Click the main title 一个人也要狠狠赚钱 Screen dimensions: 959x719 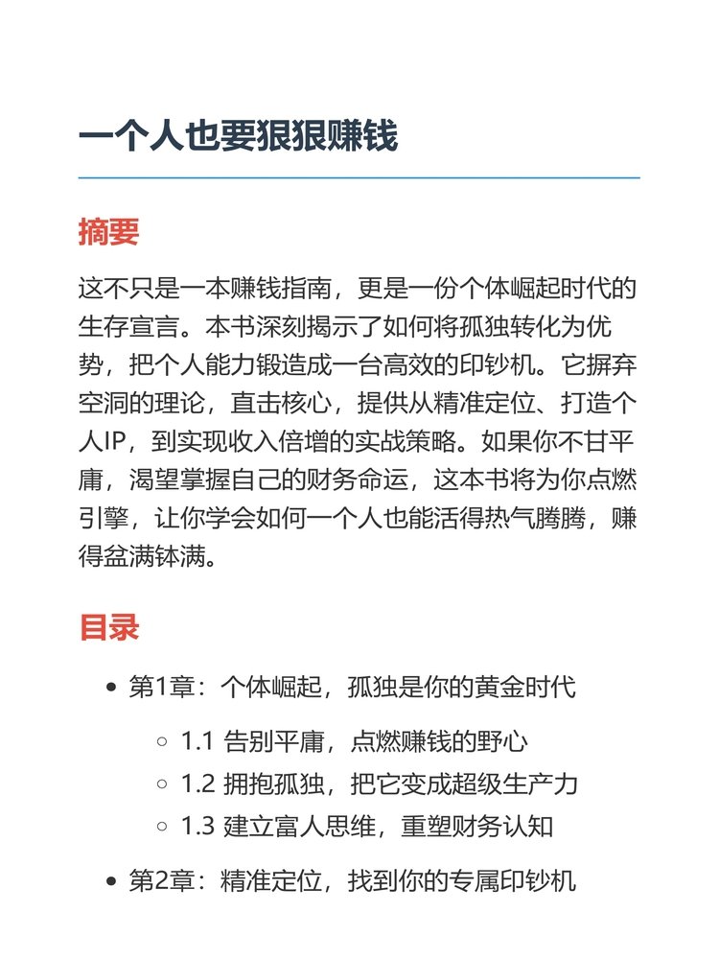click(238, 137)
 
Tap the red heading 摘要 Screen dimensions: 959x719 click(108, 232)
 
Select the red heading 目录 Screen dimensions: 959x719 click(108, 627)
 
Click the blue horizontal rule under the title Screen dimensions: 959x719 click(359, 178)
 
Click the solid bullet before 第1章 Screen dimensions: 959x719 click(111, 688)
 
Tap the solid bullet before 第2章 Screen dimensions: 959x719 click(111, 881)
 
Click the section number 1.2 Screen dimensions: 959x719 click(197, 784)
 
